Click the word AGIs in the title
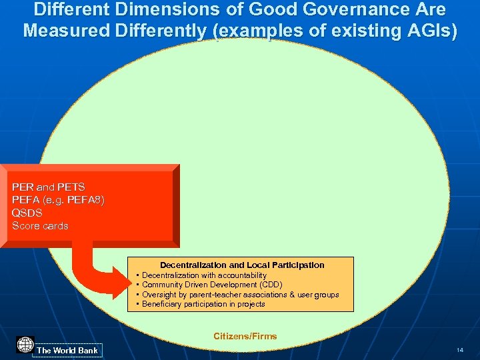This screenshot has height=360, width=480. tap(431, 31)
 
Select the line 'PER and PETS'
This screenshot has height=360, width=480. tap(49, 187)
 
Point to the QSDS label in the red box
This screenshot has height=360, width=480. tap(27, 213)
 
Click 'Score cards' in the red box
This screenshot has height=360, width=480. tap(40, 226)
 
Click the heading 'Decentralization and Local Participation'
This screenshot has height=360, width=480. tap(242, 265)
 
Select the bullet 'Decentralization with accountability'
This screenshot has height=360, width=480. tap(204, 275)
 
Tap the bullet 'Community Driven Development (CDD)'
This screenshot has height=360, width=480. tap(212, 285)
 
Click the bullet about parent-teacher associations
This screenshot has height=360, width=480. tap(240, 295)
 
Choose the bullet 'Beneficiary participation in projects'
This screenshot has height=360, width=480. tap(203, 304)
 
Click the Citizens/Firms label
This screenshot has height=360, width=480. tap(245, 336)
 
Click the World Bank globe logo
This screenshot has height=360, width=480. tap(25, 345)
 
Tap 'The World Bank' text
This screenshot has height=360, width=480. tap(67, 350)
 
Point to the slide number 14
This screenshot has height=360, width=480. tap(459, 350)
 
